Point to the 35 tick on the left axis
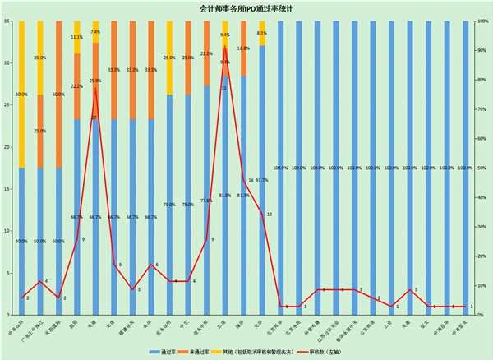(x=7, y=21)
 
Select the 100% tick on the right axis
(x=483, y=21)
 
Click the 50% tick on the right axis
(x=482, y=168)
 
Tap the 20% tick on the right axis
(x=482, y=256)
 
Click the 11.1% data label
(x=76, y=38)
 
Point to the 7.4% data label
(x=95, y=32)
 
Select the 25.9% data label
(x=95, y=81)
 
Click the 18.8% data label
(x=244, y=48)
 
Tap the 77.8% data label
(x=206, y=200)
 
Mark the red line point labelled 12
(x=262, y=214)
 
